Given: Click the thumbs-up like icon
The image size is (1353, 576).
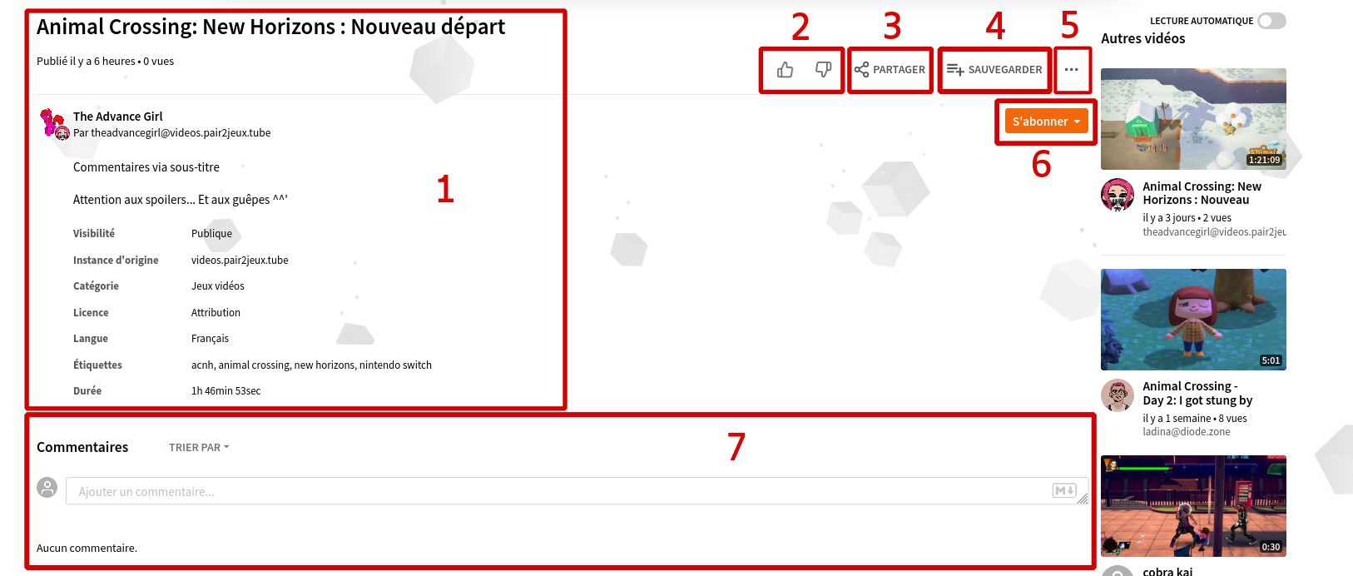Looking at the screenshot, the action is click(785, 70).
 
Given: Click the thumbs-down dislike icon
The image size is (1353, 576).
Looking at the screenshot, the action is click(823, 70).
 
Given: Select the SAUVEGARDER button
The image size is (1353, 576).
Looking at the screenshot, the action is click(994, 70).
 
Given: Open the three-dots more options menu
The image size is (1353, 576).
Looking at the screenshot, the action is click(1072, 70).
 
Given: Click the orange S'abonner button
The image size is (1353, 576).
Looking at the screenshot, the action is click(1046, 121).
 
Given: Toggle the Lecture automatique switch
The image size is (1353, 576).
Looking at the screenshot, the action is click(1271, 21).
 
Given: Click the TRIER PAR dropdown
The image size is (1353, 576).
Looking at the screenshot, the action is click(199, 447).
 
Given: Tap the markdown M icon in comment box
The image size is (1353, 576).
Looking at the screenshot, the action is click(1063, 490).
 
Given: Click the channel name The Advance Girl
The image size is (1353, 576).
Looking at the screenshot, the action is click(118, 116).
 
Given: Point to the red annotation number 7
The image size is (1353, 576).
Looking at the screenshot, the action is click(736, 447).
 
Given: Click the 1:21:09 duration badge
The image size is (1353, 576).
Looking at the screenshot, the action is click(1264, 160).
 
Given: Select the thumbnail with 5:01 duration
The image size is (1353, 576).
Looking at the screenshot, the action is click(1193, 319).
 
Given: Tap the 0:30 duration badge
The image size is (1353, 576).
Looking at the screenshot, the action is click(1271, 547).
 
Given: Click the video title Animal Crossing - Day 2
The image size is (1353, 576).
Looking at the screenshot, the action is click(1197, 393).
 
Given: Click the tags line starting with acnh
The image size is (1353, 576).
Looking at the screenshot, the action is click(311, 365).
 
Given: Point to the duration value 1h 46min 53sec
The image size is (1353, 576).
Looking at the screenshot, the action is click(226, 391).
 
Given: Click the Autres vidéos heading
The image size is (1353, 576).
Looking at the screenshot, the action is click(1142, 38).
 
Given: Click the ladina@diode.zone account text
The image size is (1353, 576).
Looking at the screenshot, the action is click(1187, 431).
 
